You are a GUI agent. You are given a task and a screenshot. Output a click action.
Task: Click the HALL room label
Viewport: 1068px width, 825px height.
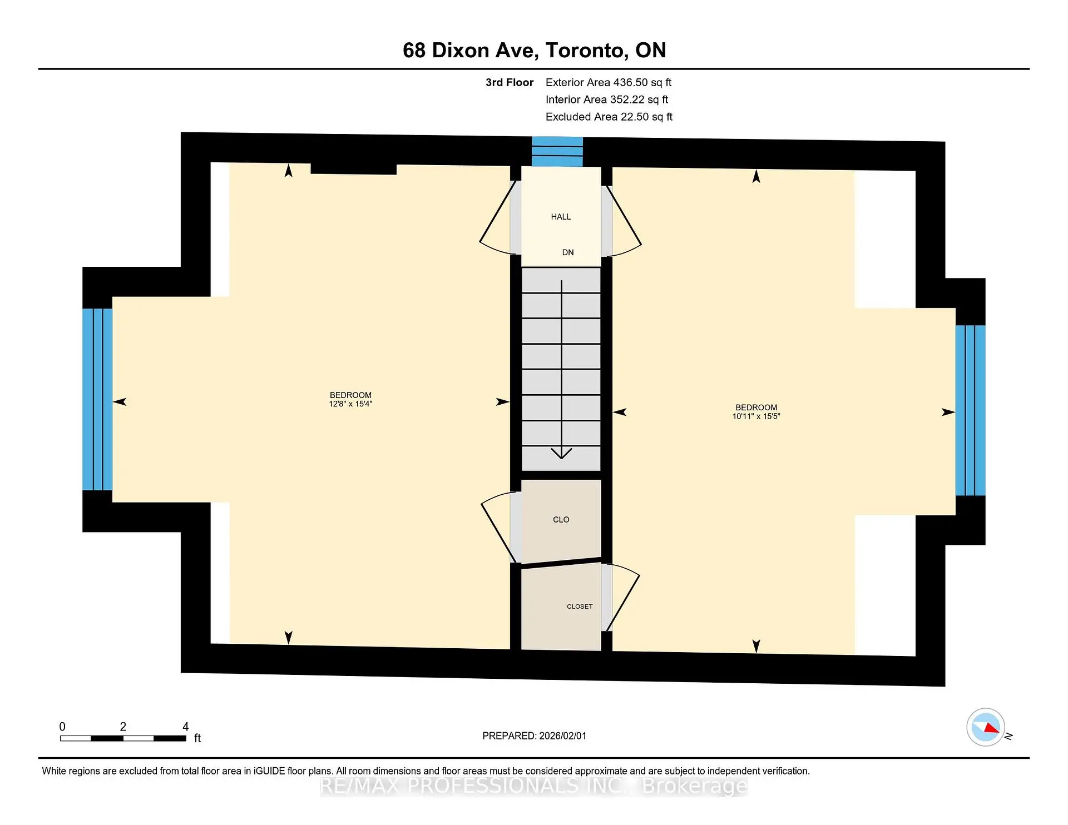click(x=561, y=217)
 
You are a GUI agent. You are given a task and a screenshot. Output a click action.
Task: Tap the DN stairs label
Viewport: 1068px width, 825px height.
click(x=567, y=252)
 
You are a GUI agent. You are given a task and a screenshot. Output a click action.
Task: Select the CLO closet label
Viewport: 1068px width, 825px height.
click(x=561, y=520)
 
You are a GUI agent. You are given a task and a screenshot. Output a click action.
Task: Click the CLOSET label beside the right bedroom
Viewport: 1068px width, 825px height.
click(x=580, y=607)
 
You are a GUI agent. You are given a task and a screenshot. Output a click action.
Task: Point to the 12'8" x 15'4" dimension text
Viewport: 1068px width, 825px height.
click(x=350, y=404)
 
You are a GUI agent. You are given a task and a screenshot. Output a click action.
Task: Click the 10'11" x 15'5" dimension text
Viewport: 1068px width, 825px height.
click(x=756, y=416)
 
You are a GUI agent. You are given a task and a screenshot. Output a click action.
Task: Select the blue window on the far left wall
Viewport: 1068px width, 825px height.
click(x=97, y=399)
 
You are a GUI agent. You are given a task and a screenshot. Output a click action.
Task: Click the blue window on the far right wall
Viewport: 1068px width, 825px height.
click(x=970, y=410)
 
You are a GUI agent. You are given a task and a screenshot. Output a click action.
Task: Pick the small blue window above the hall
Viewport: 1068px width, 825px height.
click(x=557, y=152)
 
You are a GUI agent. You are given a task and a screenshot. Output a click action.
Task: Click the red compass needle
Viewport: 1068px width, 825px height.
click(x=991, y=728)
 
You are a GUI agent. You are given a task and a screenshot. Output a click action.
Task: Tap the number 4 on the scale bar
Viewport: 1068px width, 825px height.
click(x=186, y=727)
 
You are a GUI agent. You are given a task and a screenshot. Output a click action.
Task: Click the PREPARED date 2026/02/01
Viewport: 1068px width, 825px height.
click(x=562, y=736)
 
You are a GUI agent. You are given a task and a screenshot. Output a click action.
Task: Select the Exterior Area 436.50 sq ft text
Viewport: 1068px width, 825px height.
click(x=608, y=83)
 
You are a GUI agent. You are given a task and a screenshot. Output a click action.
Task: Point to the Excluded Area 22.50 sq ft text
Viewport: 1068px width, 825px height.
click(x=609, y=117)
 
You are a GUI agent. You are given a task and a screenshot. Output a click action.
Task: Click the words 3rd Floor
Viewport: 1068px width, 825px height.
click(x=509, y=83)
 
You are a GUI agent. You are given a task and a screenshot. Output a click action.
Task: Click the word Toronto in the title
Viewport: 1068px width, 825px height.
click(x=586, y=51)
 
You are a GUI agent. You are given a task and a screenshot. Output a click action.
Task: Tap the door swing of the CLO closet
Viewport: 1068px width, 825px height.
click(x=497, y=528)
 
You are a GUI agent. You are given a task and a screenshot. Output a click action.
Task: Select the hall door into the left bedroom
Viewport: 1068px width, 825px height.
click(x=497, y=220)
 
